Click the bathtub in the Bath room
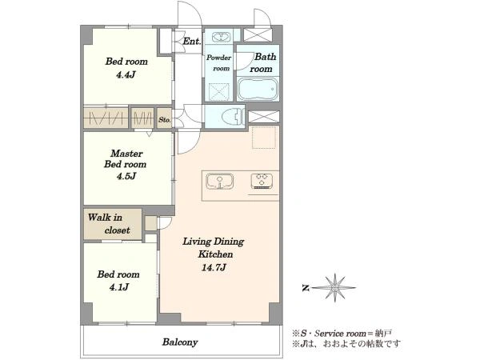[258, 89]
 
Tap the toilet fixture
[233, 117]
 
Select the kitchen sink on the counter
[220, 182]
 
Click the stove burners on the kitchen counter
[262, 181]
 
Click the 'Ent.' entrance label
[192, 42]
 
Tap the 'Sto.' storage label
[165, 120]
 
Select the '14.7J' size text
[214, 268]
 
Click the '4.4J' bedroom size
[126, 74]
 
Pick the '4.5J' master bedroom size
[126, 176]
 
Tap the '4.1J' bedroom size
[118, 287]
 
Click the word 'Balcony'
[180, 342]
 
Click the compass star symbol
[335, 287]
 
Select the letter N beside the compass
[306, 288]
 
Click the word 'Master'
[126, 153]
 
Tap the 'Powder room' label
[219, 62]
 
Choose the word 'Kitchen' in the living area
[215, 254]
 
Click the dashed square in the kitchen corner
[264, 137]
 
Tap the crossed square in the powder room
[219, 91]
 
